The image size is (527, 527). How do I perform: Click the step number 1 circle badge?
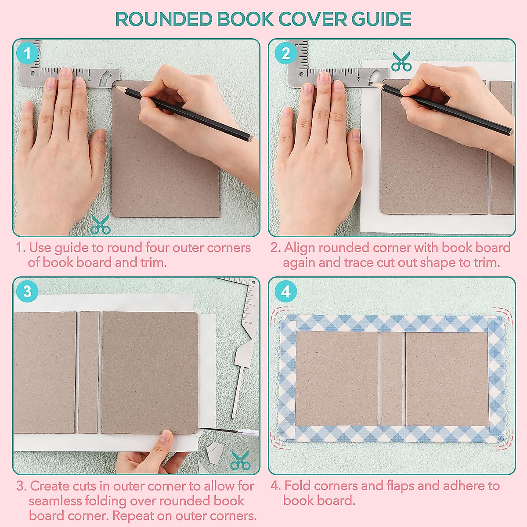coord(28,54)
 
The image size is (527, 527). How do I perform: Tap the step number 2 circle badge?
coord(286,54)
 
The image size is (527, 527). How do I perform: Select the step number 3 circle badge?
coord(28,292)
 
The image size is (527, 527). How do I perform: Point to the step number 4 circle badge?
coord(286,292)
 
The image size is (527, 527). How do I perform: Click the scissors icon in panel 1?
coord(101,225)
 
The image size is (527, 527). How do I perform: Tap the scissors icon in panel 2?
coord(401,61)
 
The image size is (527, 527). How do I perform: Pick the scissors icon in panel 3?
coord(240,460)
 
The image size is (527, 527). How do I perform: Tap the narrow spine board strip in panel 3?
coord(89,372)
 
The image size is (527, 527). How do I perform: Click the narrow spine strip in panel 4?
coord(392,379)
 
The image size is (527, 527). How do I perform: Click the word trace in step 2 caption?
coord(361,263)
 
